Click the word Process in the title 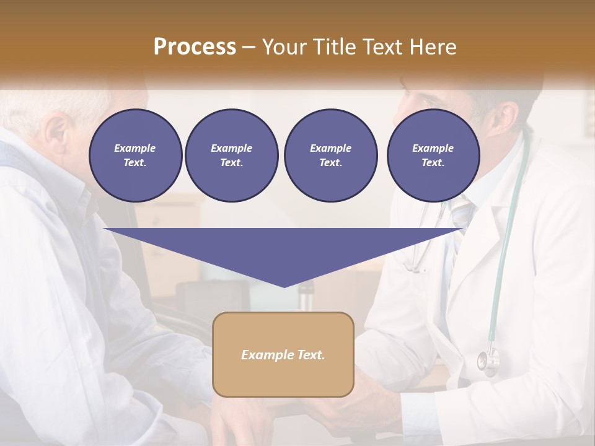coord(195,47)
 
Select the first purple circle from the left coord(135,155)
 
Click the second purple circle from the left coord(231,155)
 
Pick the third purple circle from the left coord(330,155)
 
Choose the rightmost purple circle coord(433,155)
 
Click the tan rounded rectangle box coord(283,354)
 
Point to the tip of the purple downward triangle coord(284,286)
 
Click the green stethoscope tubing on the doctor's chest coord(505,248)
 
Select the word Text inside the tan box coord(310,355)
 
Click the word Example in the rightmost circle coord(433,148)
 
